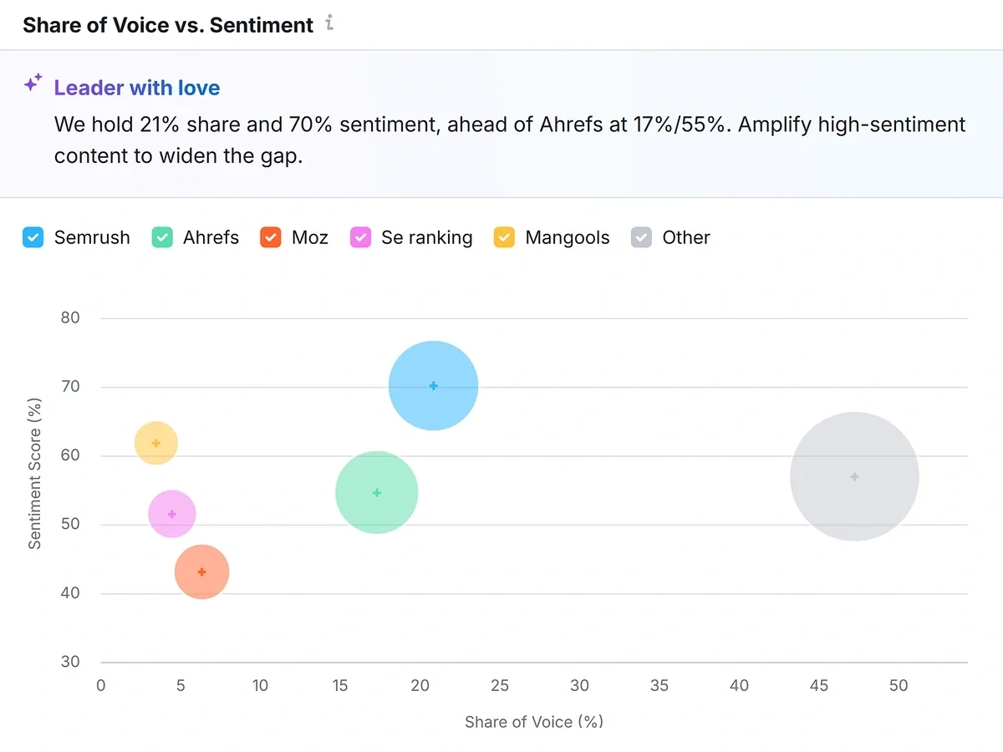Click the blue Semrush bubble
coord(433,386)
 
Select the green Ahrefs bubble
coord(376,493)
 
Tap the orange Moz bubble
coord(201,572)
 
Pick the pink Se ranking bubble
coord(172,515)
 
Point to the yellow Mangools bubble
coord(156,444)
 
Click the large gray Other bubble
coord(854,476)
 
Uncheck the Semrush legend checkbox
coord(33,237)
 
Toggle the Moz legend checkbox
coord(270,237)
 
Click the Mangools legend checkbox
coord(504,237)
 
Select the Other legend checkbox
coord(641,237)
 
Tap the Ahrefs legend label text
coord(211,237)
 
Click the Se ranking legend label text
coord(426,237)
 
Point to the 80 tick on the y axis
coord(70,318)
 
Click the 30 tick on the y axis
coord(70,662)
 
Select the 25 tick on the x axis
coord(500,686)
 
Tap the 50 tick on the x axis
coord(899,686)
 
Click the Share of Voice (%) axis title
coord(534,722)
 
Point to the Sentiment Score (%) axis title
coord(34,473)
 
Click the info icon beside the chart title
coord(330,23)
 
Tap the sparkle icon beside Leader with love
coord(33,83)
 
